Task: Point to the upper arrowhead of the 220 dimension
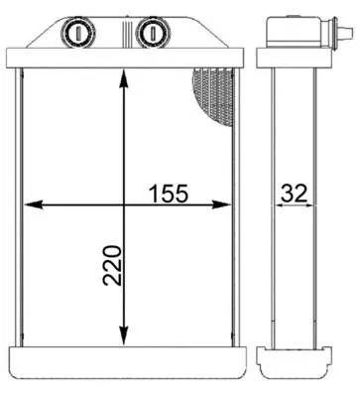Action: click(122, 79)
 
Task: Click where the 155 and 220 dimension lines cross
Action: click(122, 205)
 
